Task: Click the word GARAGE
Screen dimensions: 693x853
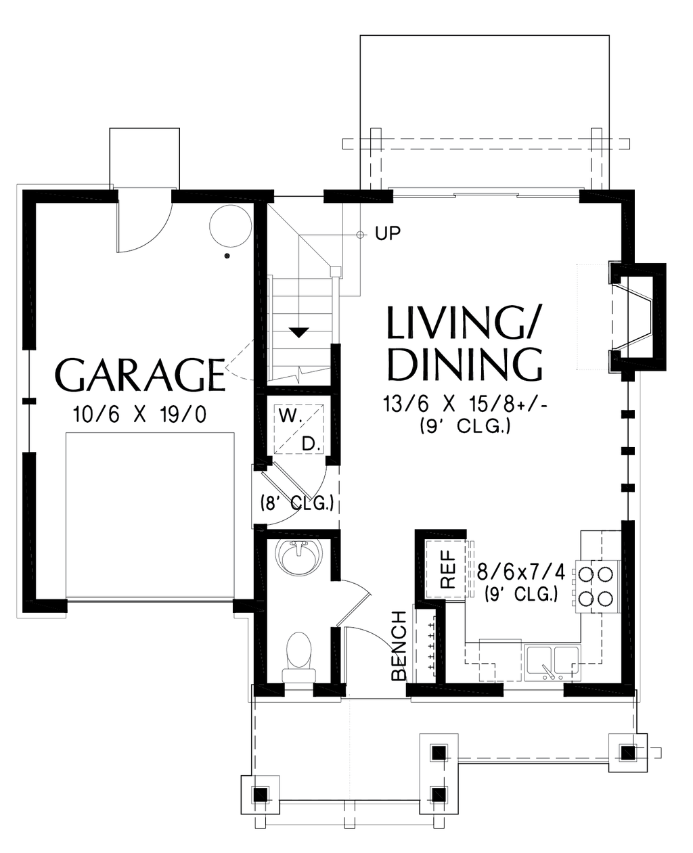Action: tap(139, 375)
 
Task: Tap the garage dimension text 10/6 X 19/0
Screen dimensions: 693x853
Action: tap(140, 415)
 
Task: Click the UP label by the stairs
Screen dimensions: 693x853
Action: tap(388, 233)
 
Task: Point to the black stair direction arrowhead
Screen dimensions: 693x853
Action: tap(299, 332)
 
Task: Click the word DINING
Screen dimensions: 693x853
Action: tap(465, 364)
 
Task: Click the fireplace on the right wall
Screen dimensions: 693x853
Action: tap(637, 317)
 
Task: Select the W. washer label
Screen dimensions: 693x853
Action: tap(290, 417)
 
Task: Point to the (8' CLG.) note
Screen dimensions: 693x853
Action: tap(297, 503)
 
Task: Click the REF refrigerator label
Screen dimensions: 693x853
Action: tap(448, 569)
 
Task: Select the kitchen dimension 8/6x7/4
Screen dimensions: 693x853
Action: tap(521, 573)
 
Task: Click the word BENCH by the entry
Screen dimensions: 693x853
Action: tap(399, 645)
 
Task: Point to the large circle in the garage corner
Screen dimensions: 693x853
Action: tap(231, 226)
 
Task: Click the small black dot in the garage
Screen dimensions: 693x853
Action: tap(227, 256)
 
